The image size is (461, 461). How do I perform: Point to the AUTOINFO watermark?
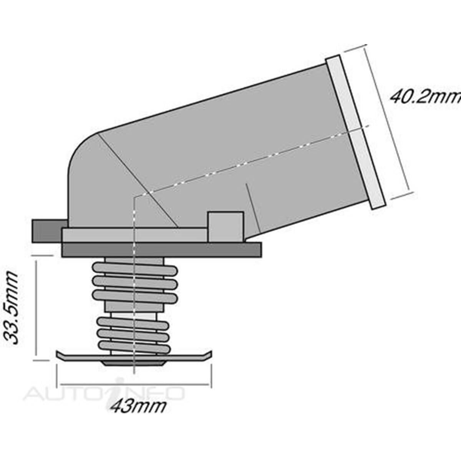click(x=104, y=392)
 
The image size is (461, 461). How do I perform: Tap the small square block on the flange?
click(x=226, y=227)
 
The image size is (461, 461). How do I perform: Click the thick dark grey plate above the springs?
click(x=161, y=249)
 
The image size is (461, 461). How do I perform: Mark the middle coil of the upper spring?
click(x=134, y=283)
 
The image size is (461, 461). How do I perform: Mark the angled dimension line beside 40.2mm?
click(x=388, y=121)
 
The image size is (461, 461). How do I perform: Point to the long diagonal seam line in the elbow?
click(x=138, y=181)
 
